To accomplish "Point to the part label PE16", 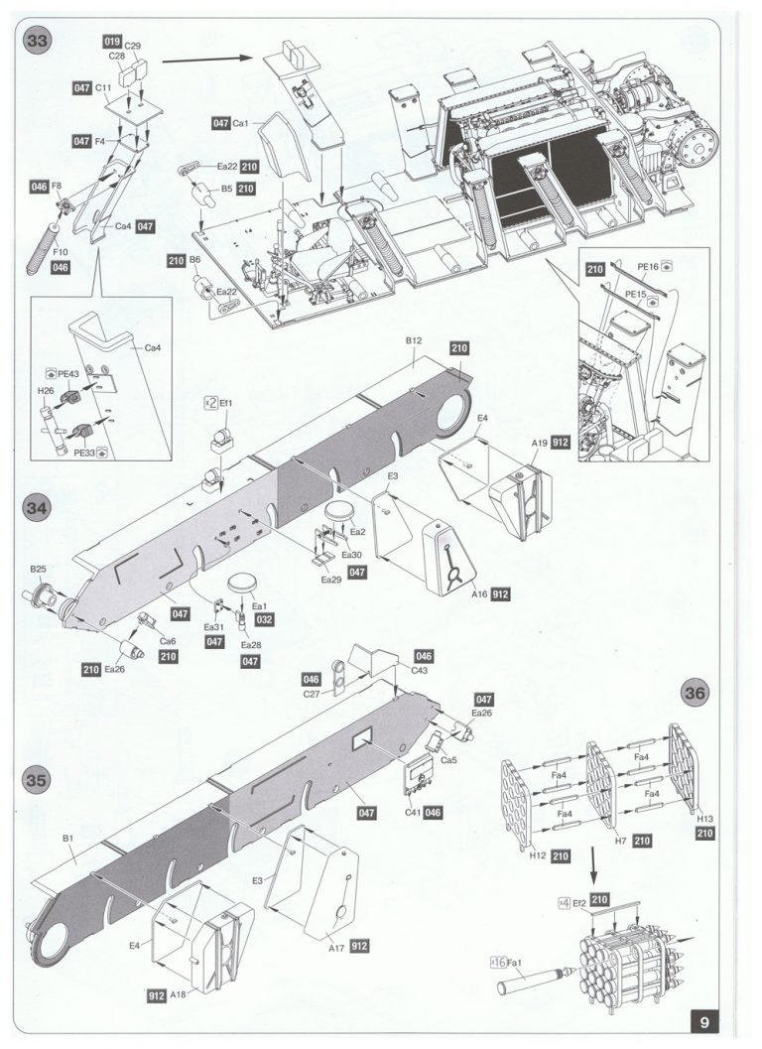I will click(648, 267).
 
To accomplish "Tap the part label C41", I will click(414, 812).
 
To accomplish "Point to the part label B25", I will click(38, 569).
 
